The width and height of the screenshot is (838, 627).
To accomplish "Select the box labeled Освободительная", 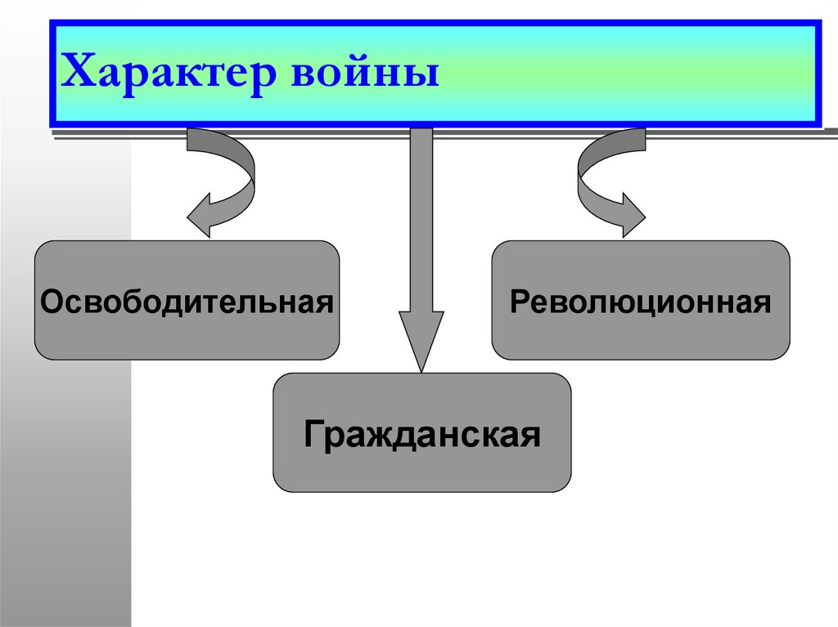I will pyautogui.click(x=187, y=300).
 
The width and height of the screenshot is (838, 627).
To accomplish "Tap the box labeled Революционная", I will pyautogui.click(x=640, y=300).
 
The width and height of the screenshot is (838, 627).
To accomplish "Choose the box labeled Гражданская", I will pyautogui.click(x=421, y=432).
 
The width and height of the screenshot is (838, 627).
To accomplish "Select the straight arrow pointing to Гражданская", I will pyautogui.click(x=421, y=245).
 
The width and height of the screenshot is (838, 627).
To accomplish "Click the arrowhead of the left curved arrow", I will pyautogui.click(x=203, y=217).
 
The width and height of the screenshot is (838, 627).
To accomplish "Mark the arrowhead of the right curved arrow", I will pyautogui.click(x=630, y=217).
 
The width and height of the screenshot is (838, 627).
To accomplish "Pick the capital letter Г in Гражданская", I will pyautogui.click(x=312, y=433).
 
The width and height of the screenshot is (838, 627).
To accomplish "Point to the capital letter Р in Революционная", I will pyautogui.click(x=518, y=301).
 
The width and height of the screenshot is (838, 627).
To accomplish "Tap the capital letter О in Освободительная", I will pyautogui.click(x=51, y=301).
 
